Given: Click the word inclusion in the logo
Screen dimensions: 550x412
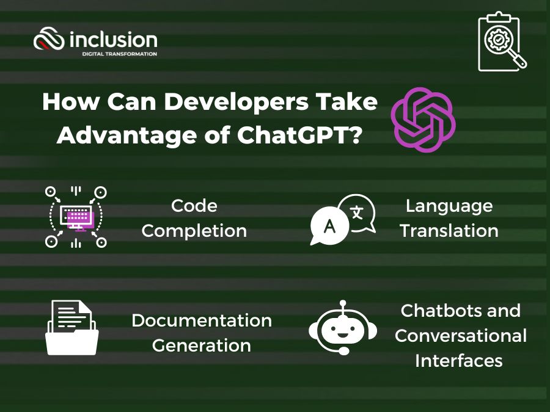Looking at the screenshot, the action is [113, 40].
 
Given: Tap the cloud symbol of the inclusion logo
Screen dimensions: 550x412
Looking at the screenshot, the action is [49, 38].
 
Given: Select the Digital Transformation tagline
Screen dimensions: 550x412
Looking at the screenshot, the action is [120, 54].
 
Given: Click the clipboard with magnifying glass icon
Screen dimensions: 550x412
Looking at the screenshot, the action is [502, 42].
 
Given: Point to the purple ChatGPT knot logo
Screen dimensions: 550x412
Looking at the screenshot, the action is [424, 120].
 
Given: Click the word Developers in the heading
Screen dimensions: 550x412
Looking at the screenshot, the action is [236, 103].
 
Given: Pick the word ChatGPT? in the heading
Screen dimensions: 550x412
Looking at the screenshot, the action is [299, 135].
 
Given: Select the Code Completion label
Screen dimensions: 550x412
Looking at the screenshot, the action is [194, 219].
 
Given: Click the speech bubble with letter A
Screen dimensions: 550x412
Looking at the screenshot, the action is [329, 226].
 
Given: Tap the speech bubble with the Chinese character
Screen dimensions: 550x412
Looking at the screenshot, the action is [358, 212].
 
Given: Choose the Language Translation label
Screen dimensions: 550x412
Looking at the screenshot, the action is [449, 219].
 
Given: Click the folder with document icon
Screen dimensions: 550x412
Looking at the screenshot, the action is [72, 327].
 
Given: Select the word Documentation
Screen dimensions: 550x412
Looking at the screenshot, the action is [202, 320].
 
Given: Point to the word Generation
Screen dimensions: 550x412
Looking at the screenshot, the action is [202, 345].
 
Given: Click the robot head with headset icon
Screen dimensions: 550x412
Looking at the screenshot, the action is [343, 328].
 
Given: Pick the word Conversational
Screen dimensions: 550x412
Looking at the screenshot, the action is [461, 336].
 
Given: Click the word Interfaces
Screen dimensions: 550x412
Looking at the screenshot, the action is [459, 361].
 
